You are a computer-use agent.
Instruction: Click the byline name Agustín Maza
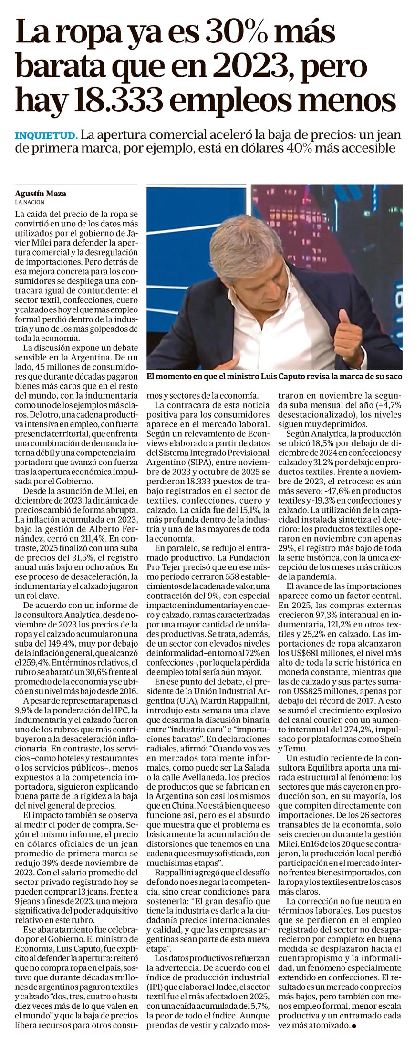(41, 194)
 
